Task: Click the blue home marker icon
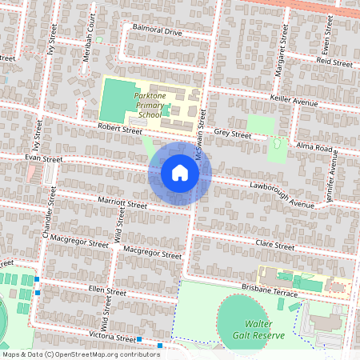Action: (180, 173)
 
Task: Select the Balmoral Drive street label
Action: (158, 33)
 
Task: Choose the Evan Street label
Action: (43, 158)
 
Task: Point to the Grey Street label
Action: (233, 134)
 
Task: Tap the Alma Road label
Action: (314, 148)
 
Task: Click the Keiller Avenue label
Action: (294, 102)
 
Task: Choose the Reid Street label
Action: (334, 61)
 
